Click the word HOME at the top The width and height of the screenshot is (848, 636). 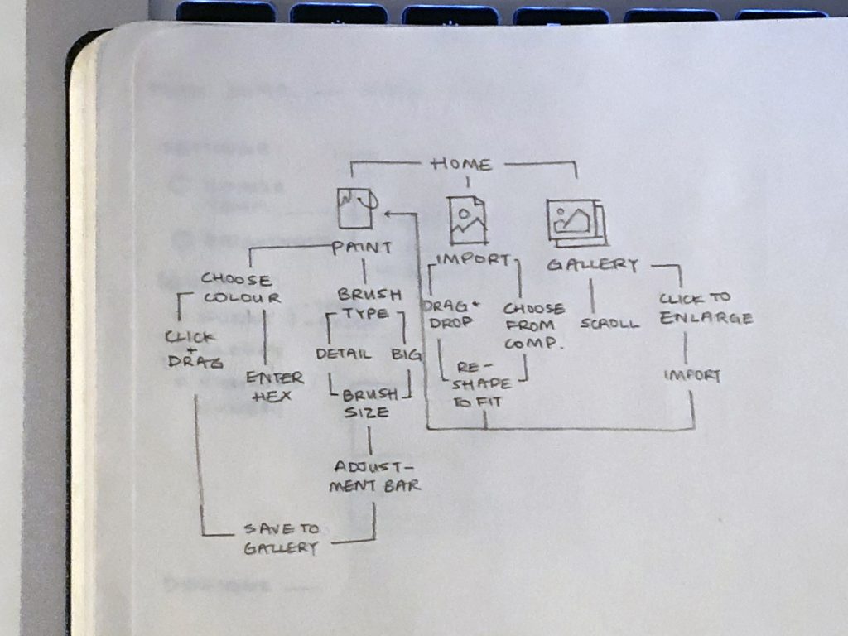[x=462, y=164]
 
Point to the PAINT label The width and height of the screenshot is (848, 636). [x=362, y=248]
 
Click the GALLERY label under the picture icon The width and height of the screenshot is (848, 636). [x=593, y=265]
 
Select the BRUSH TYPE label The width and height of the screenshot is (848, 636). [x=369, y=304]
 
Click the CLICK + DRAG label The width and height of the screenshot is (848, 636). [x=190, y=349]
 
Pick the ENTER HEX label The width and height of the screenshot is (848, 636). [x=274, y=387]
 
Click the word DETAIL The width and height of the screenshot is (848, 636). [x=343, y=354]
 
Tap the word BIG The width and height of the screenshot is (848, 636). [x=406, y=354]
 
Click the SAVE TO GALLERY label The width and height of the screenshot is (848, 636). [x=281, y=538]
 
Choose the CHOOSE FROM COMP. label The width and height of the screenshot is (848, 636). [x=533, y=325]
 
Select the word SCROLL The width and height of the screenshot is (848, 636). [x=609, y=324]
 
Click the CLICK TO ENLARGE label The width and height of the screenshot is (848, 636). [x=706, y=308]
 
